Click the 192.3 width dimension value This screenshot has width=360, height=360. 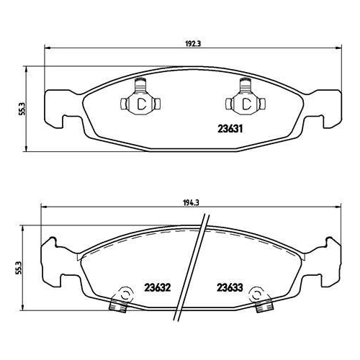193,44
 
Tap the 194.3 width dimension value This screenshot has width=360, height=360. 192,203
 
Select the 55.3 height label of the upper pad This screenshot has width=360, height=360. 22,109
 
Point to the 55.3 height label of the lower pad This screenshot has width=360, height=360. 19,268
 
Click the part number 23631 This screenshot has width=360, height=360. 230,129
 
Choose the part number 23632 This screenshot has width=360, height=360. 157,287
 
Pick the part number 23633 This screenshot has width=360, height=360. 230,287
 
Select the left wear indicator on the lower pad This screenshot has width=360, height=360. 121,300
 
